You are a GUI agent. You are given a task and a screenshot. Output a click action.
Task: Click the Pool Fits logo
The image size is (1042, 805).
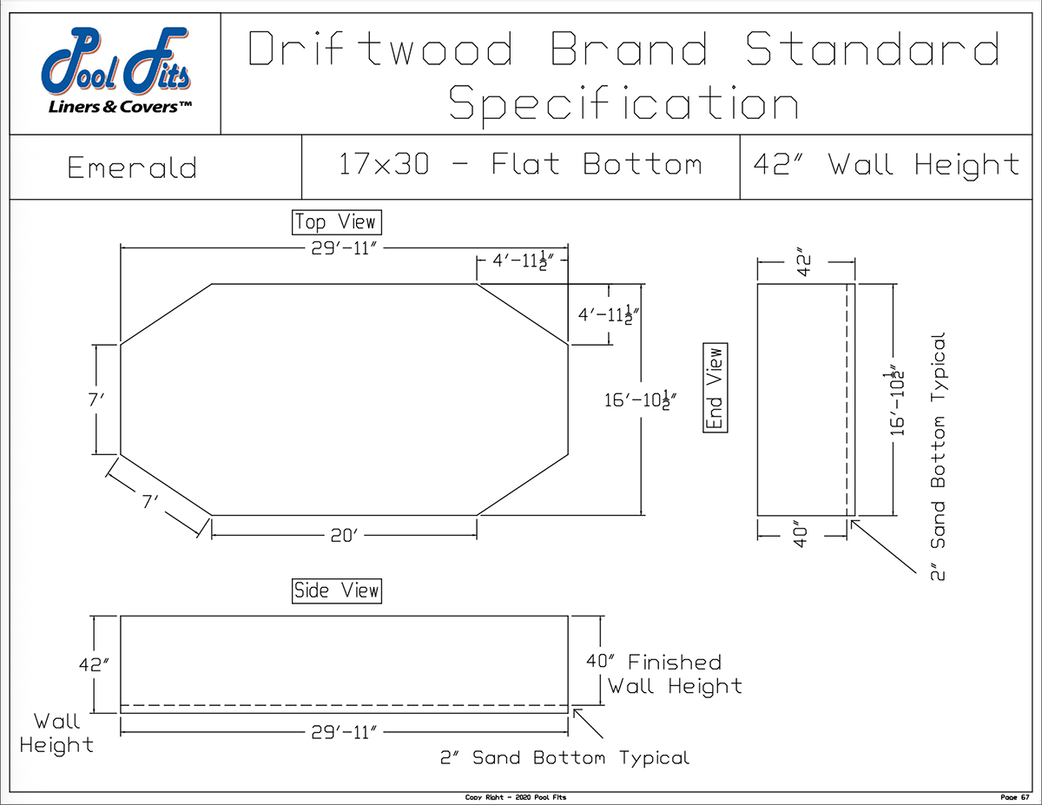[116, 70]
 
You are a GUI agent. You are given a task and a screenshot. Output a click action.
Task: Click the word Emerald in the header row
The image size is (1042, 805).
[132, 168]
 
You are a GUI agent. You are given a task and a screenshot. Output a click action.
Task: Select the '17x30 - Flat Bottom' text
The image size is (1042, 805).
[520, 164]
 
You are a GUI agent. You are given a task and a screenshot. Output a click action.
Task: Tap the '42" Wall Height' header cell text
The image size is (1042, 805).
[887, 165]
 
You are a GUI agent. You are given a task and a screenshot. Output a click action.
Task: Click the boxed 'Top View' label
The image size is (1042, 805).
[337, 222]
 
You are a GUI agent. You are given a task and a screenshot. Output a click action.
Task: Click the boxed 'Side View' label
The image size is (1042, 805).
[337, 591]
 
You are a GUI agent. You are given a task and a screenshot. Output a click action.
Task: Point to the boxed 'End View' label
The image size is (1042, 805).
[715, 387]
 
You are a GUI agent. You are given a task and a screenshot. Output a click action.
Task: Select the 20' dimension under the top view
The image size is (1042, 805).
[344, 536]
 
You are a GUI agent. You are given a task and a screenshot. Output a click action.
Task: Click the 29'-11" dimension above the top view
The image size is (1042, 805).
[344, 248]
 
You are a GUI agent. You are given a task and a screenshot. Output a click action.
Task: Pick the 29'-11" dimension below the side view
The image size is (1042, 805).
[344, 733]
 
